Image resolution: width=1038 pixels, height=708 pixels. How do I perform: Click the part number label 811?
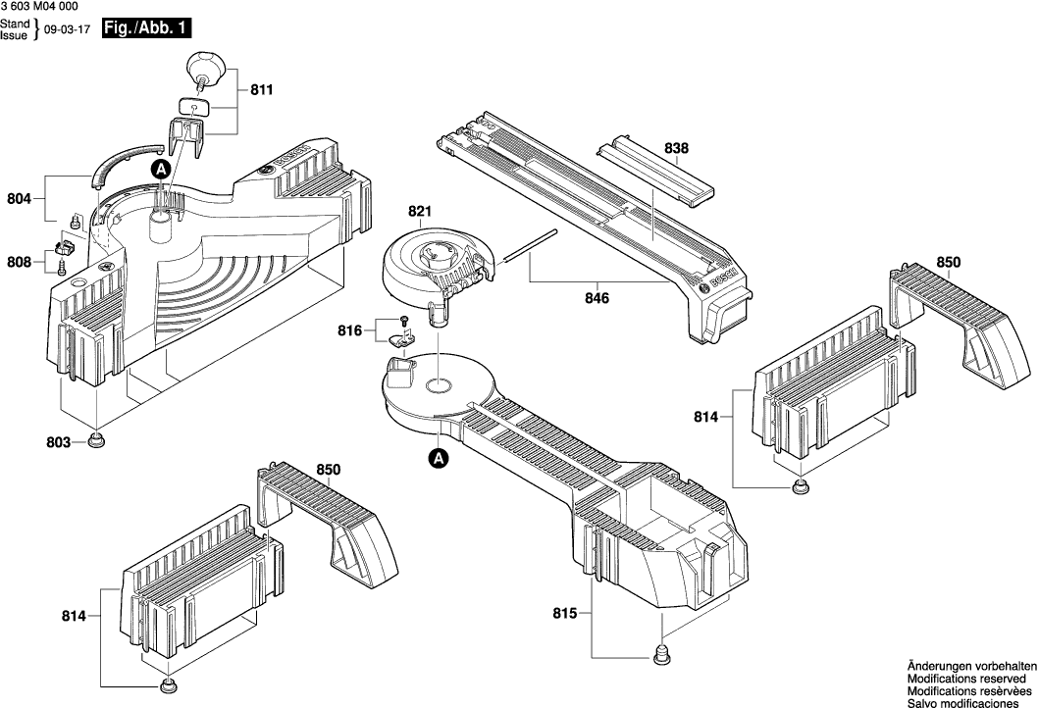point(261,90)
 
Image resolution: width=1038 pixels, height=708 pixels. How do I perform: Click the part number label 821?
point(420,212)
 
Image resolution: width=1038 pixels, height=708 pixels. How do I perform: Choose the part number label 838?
point(676,148)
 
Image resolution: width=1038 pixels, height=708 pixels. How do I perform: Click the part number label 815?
point(565,616)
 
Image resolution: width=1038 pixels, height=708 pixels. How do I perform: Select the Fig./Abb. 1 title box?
point(146,29)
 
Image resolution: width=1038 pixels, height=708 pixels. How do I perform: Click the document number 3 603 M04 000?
point(40,7)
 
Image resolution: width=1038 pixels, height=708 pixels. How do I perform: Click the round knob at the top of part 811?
point(206,65)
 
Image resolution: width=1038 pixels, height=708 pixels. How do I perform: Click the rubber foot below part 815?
point(663,652)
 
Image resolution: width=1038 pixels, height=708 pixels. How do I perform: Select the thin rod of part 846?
point(530,246)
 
